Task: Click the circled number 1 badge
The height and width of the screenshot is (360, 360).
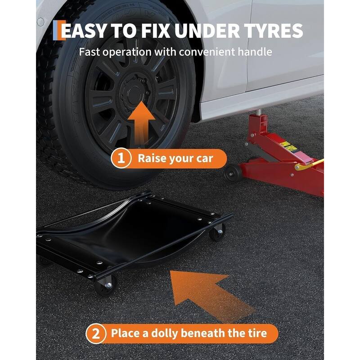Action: pyautogui.click(x=121, y=158)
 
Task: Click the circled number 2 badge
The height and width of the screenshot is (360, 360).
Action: pyautogui.click(x=96, y=333)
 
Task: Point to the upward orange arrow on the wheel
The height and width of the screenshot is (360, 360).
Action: pyautogui.click(x=142, y=124)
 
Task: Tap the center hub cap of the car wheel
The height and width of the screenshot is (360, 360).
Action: pyautogui.click(x=134, y=94)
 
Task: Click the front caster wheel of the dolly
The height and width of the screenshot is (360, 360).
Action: pyautogui.click(x=106, y=285)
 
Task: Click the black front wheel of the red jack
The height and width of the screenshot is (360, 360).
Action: pyautogui.click(x=233, y=173)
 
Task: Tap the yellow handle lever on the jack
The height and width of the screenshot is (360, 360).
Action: pyautogui.click(x=309, y=164)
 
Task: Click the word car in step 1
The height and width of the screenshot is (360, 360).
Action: pyautogui.click(x=205, y=159)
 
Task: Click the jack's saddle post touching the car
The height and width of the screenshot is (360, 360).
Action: pyautogui.click(x=258, y=112)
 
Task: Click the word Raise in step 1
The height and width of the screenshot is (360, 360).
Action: pyautogui.click(x=152, y=158)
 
